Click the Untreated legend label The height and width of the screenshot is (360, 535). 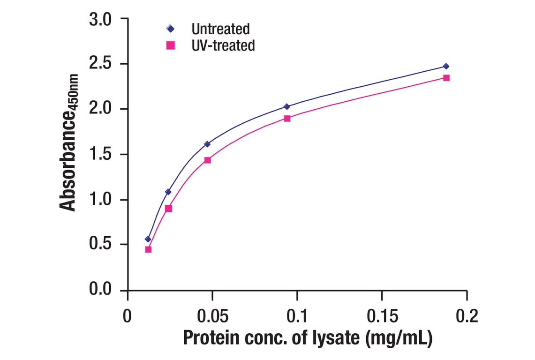click(220, 29)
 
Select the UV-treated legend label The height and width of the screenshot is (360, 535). click(223, 45)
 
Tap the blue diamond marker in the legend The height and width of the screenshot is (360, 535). click(170, 29)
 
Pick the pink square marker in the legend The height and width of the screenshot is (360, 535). click(170, 45)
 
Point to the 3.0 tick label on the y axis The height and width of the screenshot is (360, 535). click(102, 19)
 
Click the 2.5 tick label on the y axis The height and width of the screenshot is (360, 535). click(102, 64)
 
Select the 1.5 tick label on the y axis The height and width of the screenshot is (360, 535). click(102, 155)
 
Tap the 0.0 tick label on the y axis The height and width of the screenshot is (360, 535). click(102, 290)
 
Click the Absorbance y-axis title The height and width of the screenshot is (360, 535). click(69, 142)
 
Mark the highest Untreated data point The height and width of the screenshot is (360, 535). click(446, 67)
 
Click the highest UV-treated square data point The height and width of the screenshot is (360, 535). click(446, 78)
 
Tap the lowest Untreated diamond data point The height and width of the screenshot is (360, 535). click(148, 239)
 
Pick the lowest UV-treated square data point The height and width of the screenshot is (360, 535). click(148, 249)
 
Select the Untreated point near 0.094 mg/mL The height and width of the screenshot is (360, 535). click(287, 107)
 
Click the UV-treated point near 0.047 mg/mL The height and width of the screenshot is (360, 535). click(207, 160)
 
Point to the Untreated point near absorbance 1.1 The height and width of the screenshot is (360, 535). click(168, 192)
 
